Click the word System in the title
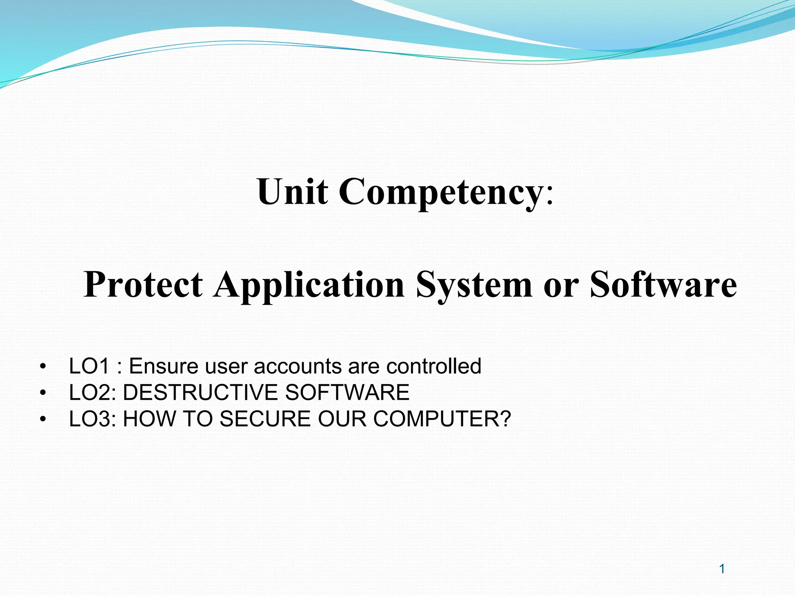click(x=474, y=285)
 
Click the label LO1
click(x=89, y=366)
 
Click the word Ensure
click(x=163, y=366)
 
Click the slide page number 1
click(x=722, y=569)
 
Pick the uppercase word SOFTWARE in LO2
click(x=347, y=392)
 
